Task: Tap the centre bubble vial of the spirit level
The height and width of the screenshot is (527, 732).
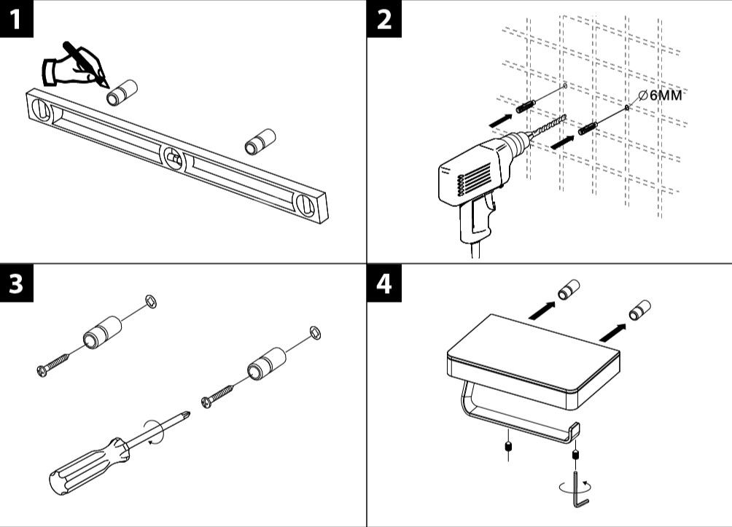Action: [x=174, y=156]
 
